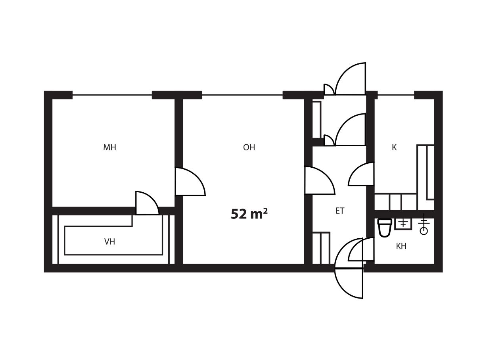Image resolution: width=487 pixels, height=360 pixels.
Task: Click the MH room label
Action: (x=109, y=147)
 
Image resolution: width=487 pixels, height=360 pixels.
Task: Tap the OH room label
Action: (x=249, y=147)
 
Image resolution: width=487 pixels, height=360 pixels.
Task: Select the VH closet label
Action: (x=109, y=242)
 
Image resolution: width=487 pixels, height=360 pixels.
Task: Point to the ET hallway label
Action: (x=340, y=211)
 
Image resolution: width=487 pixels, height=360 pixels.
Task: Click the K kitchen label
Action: (x=394, y=147)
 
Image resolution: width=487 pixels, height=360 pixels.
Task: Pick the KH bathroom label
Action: (x=401, y=246)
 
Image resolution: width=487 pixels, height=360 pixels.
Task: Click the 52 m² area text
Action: (x=249, y=214)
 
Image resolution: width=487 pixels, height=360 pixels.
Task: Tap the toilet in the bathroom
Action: (x=385, y=228)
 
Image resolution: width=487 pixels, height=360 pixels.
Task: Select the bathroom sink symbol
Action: (x=404, y=224)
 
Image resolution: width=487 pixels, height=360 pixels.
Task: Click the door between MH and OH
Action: (x=190, y=182)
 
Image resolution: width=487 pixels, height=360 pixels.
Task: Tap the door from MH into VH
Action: (x=147, y=203)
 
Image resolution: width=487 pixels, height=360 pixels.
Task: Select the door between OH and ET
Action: (x=320, y=180)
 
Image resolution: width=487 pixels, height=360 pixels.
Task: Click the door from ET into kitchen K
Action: (x=361, y=174)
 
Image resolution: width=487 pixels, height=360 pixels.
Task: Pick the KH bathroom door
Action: (x=361, y=249)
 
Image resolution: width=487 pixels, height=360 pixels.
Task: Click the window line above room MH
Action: (x=112, y=95)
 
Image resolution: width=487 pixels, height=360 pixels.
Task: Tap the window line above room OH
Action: (x=242, y=95)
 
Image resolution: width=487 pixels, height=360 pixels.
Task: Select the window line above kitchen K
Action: (x=396, y=95)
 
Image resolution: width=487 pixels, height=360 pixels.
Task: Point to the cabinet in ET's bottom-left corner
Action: (x=321, y=248)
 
